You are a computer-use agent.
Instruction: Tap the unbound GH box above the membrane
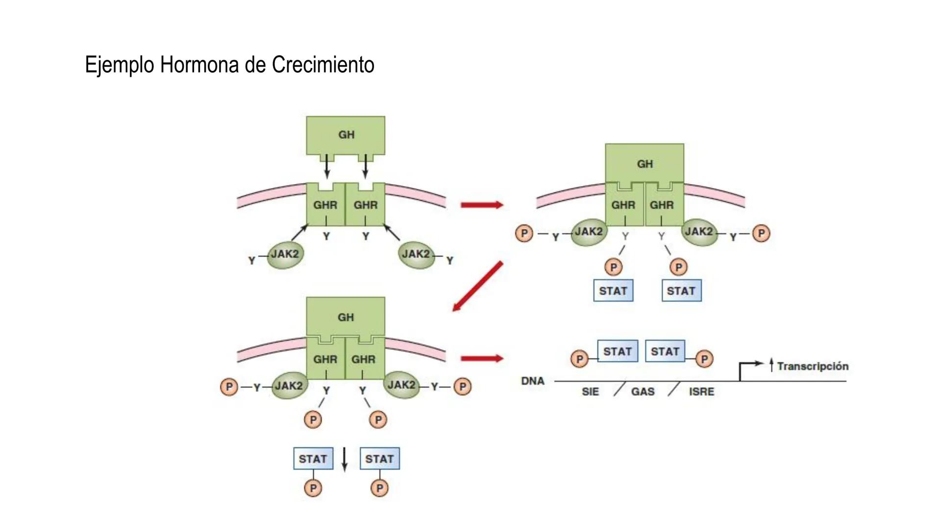[x=346, y=135]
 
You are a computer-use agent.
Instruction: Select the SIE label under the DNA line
[x=590, y=392]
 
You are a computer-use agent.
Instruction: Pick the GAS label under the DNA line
[x=643, y=392]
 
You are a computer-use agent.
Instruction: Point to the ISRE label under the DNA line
[x=701, y=392]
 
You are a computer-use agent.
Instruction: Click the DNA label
[x=533, y=381]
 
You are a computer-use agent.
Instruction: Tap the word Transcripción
[x=813, y=366]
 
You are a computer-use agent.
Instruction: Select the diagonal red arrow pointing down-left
[x=478, y=287]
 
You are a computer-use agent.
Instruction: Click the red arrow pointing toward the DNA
[x=482, y=359]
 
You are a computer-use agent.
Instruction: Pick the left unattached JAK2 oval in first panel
[x=285, y=255]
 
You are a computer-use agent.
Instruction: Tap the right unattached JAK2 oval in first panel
[x=416, y=255]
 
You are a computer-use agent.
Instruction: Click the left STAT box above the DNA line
[x=618, y=351]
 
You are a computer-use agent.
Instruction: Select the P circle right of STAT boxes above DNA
[x=704, y=359]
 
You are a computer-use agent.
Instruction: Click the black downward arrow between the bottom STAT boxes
[x=345, y=459]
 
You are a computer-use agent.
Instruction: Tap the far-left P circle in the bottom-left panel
[x=229, y=387]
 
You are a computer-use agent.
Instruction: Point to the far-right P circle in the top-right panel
[x=761, y=233]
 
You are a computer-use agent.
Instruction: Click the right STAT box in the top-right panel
[x=681, y=290]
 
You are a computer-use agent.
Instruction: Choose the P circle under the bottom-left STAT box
[x=313, y=488]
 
